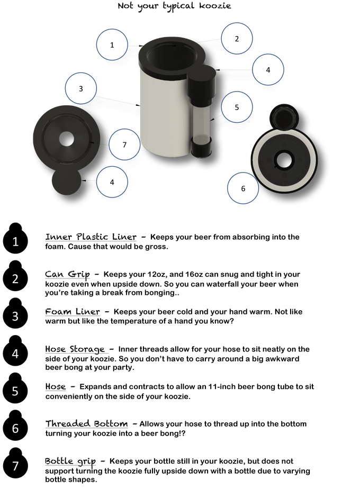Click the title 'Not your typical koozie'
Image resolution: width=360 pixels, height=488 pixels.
(174, 6)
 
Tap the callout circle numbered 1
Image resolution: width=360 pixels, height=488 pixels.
(112, 45)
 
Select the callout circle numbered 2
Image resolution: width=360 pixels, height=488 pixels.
(237, 39)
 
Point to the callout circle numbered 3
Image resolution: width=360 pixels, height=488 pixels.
(81, 89)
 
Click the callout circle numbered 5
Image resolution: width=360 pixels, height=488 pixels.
(237, 107)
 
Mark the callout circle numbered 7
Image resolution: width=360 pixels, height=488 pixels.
(124, 144)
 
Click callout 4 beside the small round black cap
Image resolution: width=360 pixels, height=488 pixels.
(112, 182)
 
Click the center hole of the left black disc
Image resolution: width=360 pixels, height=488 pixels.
(67, 139)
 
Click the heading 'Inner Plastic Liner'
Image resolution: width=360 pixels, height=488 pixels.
(91, 237)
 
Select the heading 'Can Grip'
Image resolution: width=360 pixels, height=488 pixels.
(67, 274)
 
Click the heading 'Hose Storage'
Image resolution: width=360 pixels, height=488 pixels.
(75, 349)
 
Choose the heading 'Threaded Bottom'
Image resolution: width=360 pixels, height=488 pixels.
(86, 424)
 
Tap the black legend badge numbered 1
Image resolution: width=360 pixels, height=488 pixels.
(15, 241)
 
